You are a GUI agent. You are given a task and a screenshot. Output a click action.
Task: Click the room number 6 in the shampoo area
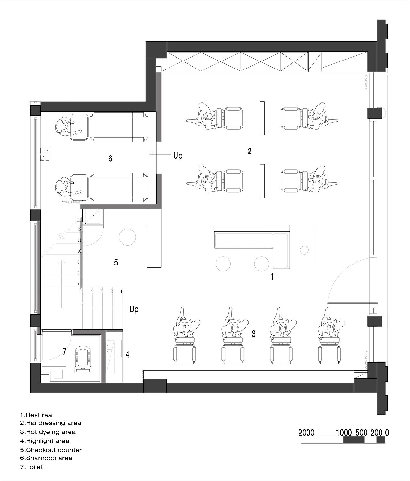pos(110,159)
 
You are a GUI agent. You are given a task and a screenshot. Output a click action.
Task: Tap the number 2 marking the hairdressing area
pos(249,151)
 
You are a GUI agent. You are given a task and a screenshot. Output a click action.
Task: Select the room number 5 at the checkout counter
pos(116,263)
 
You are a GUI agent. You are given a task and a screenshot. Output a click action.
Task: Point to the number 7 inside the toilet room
pos(64,352)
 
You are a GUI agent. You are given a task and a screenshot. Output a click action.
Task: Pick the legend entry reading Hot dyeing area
pos(48,432)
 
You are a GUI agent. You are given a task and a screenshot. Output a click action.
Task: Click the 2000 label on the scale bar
pos(306,433)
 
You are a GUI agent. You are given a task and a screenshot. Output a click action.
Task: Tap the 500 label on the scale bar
pos(361,433)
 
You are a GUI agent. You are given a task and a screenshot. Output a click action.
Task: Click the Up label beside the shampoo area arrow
pos(178,156)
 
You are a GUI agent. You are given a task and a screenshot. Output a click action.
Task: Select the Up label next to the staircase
pos(134,309)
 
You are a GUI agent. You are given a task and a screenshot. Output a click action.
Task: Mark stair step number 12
pos(79,229)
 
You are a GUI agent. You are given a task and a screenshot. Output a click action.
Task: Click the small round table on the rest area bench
pos(304,250)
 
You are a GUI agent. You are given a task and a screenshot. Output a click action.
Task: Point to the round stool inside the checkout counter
pos(127,237)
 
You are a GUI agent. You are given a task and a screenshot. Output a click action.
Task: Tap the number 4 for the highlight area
pos(127,355)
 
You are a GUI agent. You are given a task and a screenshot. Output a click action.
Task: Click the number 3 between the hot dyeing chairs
pos(254,334)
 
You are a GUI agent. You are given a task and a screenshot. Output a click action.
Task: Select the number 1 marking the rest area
pos(272,277)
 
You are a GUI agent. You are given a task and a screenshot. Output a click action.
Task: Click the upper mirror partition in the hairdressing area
pos(262,118)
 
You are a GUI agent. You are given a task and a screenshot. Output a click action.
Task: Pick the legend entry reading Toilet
pos(31,467)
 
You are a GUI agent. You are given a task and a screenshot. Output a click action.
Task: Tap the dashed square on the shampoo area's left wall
pos(45,154)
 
